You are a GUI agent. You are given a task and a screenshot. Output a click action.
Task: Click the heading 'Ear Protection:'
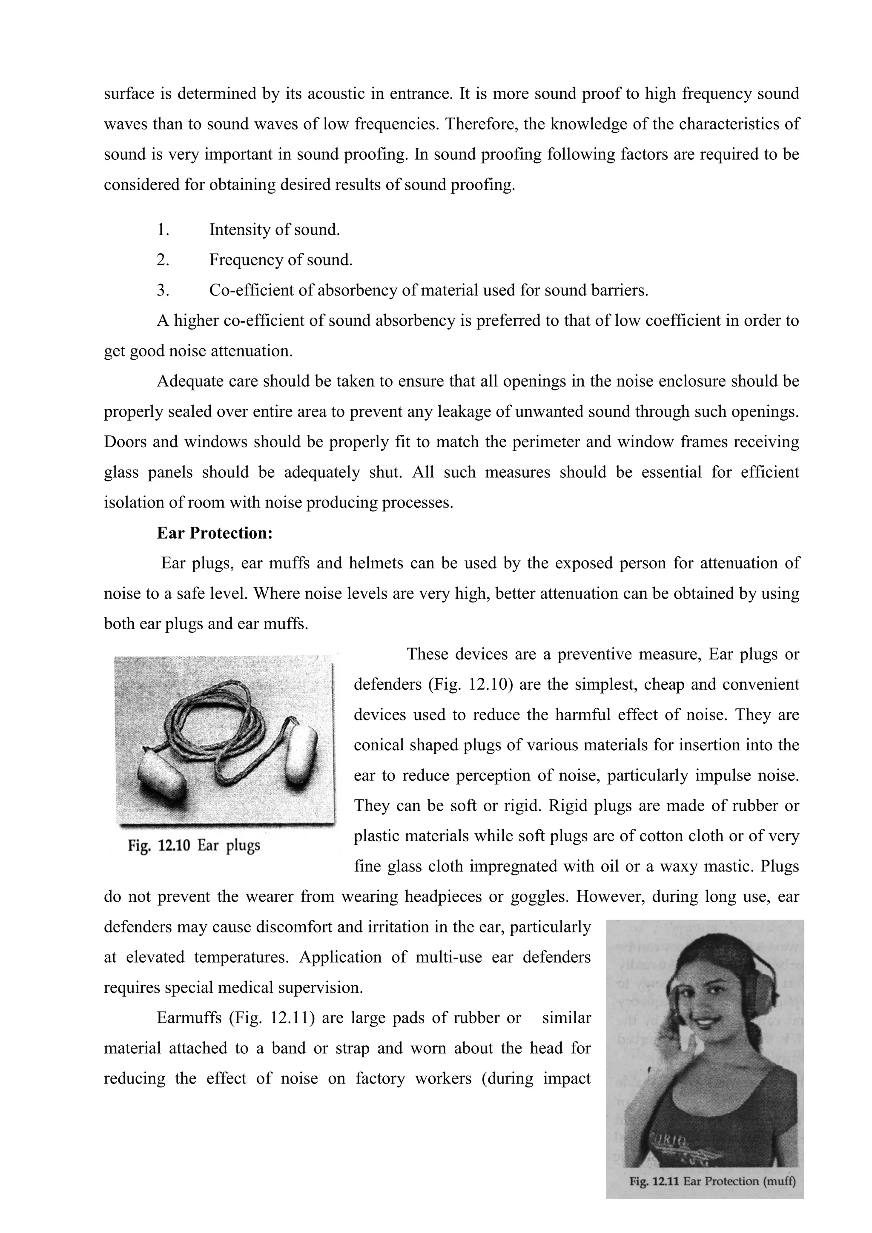pos(215,533)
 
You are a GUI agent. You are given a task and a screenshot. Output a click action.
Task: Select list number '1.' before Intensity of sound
pos(163,230)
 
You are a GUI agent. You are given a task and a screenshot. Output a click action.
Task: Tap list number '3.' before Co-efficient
pos(163,290)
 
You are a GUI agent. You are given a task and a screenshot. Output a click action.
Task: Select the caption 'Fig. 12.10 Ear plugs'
pos(194,846)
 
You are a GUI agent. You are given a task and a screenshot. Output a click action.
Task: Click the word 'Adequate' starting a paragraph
pos(189,381)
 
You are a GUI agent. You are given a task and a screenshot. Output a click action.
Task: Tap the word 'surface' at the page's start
pos(127,94)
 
